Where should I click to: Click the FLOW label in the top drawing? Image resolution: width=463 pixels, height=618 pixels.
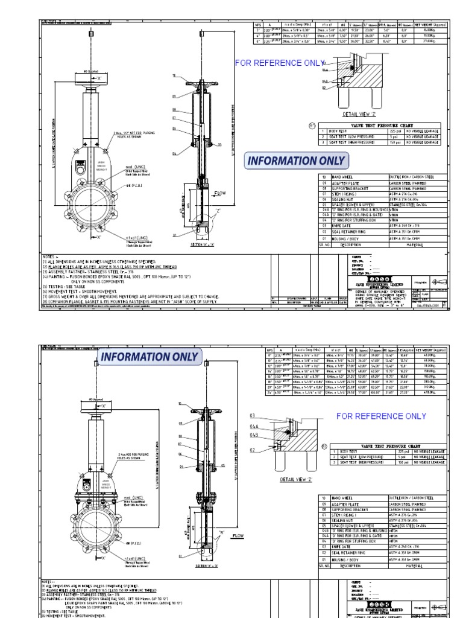pyautogui.click(x=219, y=194)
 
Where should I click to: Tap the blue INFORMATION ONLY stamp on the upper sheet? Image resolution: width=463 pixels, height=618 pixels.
pyautogui.click(x=296, y=161)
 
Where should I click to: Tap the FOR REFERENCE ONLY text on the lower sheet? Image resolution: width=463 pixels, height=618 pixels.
pyautogui.click(x=381, y=416)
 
